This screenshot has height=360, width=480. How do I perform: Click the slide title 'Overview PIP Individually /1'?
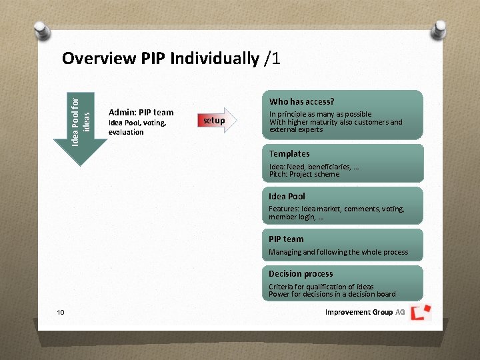171,59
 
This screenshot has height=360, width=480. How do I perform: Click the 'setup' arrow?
215,121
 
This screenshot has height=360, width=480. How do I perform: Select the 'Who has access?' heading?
301,102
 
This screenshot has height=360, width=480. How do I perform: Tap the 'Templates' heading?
289,154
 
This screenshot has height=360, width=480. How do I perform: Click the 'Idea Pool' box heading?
287,197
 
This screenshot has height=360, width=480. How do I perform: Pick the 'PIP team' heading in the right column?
286,239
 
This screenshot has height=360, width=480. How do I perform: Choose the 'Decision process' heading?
301,274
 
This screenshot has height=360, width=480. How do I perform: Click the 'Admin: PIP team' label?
141,113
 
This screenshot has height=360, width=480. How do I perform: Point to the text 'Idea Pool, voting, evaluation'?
137,127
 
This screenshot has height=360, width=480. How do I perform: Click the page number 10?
61,313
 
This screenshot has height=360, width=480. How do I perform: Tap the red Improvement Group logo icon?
421,312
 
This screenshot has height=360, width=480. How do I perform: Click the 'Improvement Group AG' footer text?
365,313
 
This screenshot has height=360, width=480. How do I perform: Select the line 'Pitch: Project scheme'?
304,175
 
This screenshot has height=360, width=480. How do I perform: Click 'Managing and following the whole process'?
338,253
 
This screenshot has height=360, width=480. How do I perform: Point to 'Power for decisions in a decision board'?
332,294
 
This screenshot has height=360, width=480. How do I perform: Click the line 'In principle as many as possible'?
320,114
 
